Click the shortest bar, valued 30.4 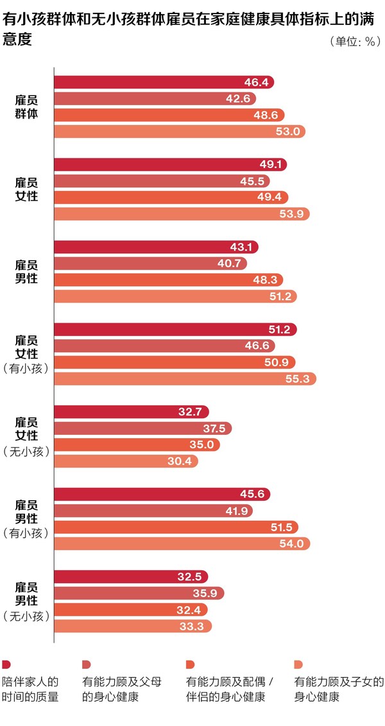125,460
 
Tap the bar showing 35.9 138,593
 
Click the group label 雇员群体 26,106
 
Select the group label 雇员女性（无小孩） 26,436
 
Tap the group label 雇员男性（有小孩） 26,518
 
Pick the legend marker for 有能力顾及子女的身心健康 298,664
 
